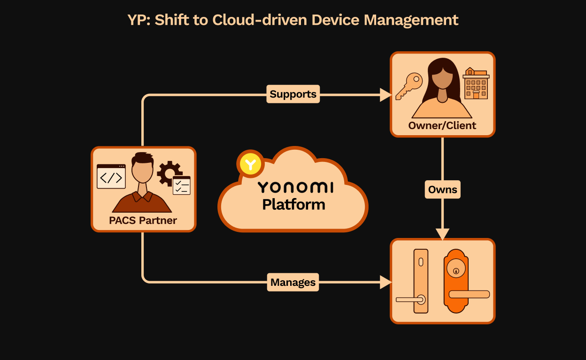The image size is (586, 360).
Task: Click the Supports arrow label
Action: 293,94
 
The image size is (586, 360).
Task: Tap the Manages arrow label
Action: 293,283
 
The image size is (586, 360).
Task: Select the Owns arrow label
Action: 443,190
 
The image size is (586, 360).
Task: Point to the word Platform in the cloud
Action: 293,205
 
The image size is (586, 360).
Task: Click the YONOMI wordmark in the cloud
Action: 295,188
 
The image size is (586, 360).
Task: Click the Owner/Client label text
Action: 442,126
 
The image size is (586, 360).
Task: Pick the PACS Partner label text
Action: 143,221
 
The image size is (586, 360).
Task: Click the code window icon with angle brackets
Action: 111,176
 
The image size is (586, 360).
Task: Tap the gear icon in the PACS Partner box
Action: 169,172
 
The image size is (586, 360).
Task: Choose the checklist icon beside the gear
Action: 182,186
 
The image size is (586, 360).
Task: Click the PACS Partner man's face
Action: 143,170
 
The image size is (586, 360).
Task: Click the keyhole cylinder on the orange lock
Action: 456,270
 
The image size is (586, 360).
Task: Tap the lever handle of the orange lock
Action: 469,294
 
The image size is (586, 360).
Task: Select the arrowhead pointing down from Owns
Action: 443,234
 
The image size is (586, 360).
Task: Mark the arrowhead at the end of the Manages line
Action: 386,283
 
